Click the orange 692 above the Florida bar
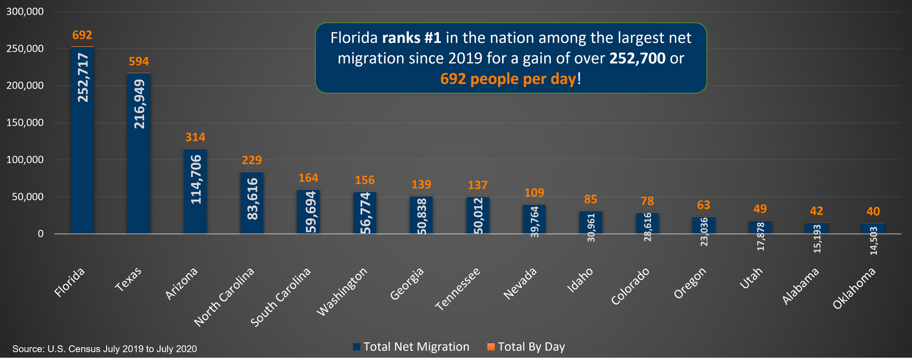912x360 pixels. click(82, 35)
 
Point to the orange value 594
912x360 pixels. click(139, 61)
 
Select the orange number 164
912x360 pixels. click(308, 178)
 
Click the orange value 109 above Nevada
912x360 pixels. click(534, 193)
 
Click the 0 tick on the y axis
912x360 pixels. click(41, 234)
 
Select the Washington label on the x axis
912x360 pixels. click(342, 292)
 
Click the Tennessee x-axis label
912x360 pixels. click(458, 289)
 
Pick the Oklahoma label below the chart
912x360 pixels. click(854, 288)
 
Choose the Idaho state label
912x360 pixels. click(580, 280)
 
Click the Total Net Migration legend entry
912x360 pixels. click(411, 347)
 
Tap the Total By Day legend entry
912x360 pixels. click(526, 347)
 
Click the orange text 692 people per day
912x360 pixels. click(508, 79)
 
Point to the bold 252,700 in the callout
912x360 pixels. click(637, 58)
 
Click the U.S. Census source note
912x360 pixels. click(104, 349)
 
